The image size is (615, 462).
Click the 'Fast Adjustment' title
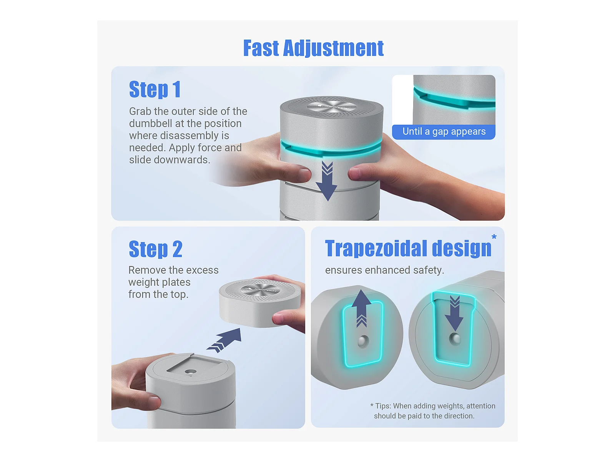tap(313, 48)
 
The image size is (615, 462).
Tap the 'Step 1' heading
tap(155, 89)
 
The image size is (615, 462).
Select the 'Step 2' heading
tap(156, 249)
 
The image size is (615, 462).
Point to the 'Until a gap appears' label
tap(444, 131)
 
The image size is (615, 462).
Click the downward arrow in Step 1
tap(327, 181)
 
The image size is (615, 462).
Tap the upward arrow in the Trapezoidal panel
tap(361, 308)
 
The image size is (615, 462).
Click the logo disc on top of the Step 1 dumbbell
tap(332, 107)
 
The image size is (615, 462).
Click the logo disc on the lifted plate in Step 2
tap(260, 290)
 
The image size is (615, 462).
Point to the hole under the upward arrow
tap(363, 341)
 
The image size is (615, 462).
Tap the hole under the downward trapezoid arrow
tap(455, 339)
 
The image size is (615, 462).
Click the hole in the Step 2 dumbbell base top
tap(191, 372)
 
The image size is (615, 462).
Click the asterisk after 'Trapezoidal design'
tap(494, 237)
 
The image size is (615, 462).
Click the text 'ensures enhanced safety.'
tap(384, 270)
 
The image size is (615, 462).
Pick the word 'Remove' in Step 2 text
tap(145, 270)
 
